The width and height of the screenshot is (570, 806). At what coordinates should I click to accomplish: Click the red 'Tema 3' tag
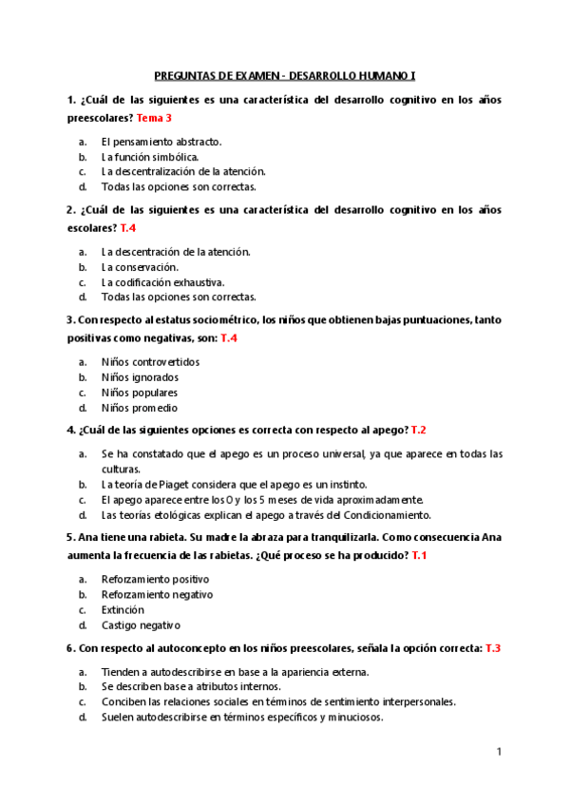coord(155,118)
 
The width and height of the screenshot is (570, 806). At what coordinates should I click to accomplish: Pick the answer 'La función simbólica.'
coord(150,157)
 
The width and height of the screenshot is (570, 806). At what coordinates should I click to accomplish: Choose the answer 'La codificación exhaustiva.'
coord(163,282)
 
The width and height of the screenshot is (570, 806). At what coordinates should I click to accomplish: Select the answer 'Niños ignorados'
coord(140,377)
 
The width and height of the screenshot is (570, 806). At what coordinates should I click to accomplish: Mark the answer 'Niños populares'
coord(140,393)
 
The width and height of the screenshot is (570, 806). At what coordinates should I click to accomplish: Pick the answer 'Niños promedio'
coord(140,408)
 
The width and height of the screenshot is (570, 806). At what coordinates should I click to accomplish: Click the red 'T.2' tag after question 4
coord(418,431)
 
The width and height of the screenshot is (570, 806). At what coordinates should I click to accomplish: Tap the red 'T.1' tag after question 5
coord(419,555)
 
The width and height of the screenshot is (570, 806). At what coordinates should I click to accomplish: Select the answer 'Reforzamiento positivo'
coord(156,579)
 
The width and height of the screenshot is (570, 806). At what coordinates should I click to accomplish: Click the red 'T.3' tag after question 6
coord(493,648)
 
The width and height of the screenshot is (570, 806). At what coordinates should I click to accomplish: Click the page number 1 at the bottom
coord(499,752)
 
